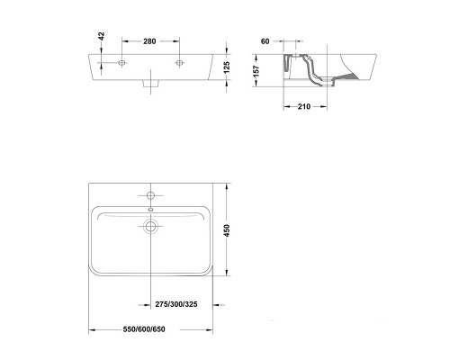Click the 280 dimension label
[150, 41]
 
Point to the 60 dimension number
[265, 41]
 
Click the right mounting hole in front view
[180, 62]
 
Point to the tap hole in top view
[150, 194]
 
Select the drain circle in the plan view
[150, 226]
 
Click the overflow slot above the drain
[150, 210]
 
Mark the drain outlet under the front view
[150, 86]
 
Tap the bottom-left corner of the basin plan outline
[91, 274]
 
